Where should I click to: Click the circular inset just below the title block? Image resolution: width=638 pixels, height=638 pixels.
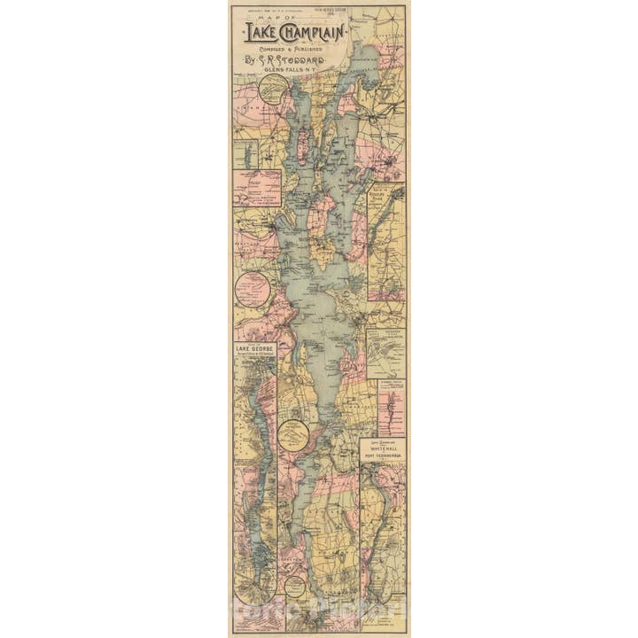pyautogui.click(x=274, y=89)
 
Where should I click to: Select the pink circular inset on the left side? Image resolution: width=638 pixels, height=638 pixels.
pyautogui.click(x=253, y=289)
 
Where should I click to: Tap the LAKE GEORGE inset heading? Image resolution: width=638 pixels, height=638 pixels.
pyautogui.click(x=255, y=350)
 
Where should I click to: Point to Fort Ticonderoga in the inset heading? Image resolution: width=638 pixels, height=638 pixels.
pyautogui.click(x=383, y=458)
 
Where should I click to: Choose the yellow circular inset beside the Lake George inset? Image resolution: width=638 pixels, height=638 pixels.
pyautogui.click(x=293, y=435)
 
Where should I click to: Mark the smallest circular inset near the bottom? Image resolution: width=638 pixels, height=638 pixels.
pyautogui.click(x=295, y=587)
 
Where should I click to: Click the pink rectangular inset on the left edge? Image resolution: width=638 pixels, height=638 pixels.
pyautogui.click(x=257, y=188)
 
